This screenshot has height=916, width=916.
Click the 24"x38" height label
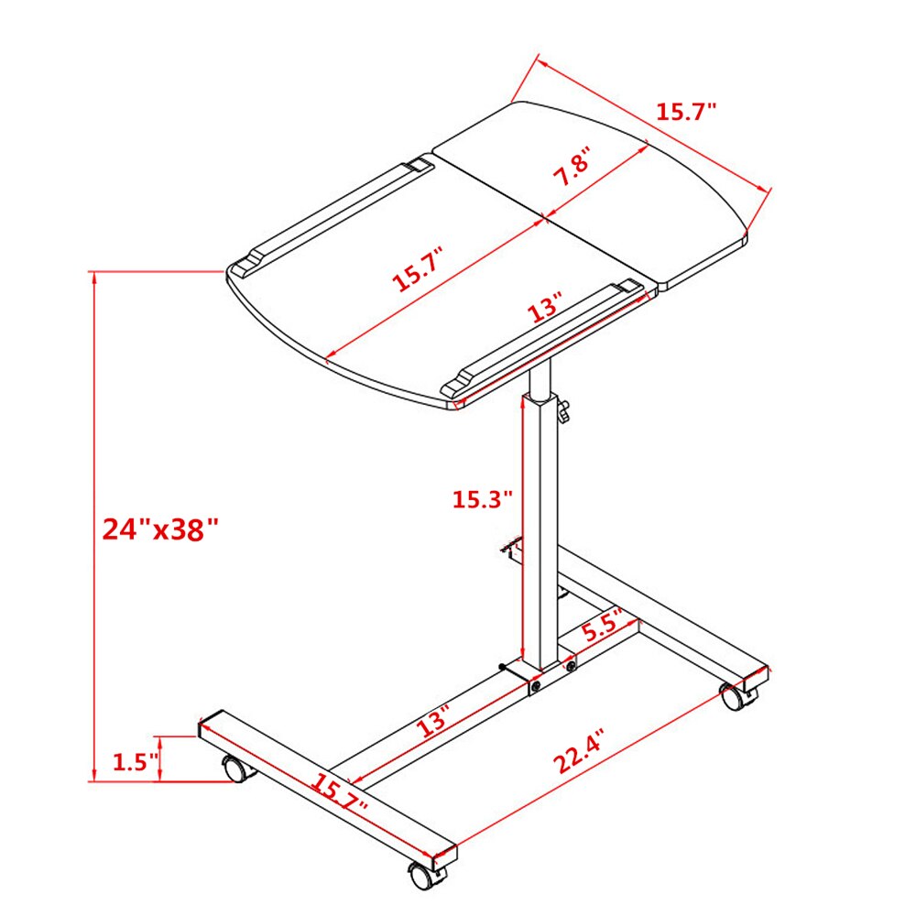(x=161, y=529)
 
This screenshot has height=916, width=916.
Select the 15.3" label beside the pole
(x=482, y=500)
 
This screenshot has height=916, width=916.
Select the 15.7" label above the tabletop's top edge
(x=686, y=112)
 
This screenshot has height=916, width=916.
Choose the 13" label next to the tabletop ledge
(x=547, y=309)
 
